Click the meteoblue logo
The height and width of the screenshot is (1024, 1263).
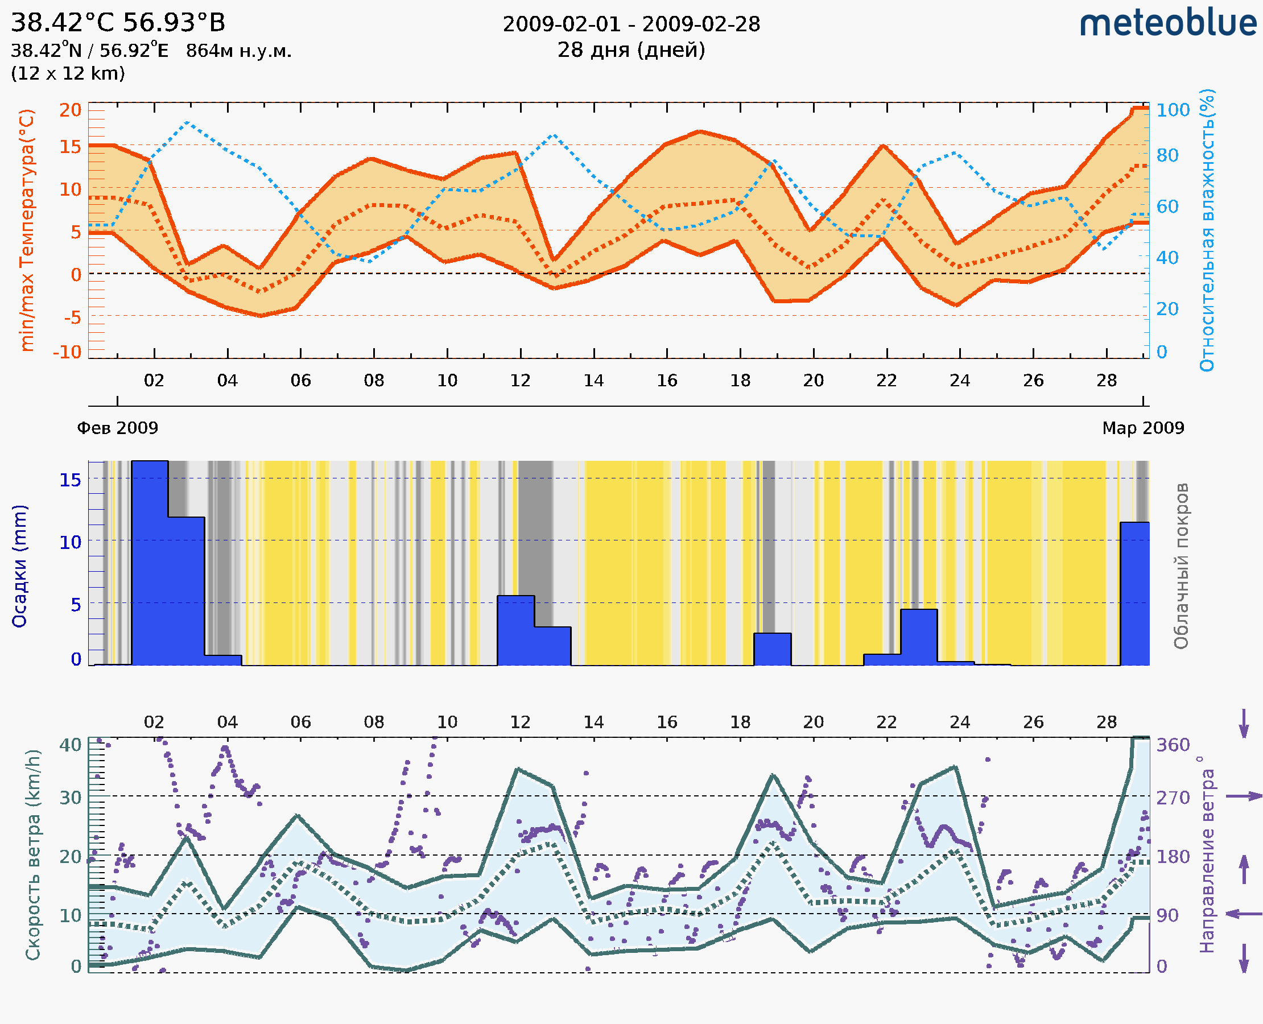tap(1167, 23)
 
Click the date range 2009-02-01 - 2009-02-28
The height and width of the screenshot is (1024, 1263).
tap(630, 24)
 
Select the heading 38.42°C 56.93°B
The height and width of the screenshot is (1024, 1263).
tap(118, 23)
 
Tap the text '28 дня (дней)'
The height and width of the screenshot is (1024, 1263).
tap(630, 50)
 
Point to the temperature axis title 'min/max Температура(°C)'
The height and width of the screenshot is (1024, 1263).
tap(27, 230)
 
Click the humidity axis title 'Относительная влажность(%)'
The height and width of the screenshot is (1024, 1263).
tap(1207, 230)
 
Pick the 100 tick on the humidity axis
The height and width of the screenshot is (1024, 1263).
tap(1173, 110)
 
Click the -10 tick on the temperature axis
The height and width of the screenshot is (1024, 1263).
tap(67, 352)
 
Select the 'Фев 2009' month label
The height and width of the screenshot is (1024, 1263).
tap(117, 428)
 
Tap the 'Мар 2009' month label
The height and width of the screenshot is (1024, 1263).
tap(1142, 428)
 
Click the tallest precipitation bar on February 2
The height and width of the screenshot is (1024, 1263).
tap(150, 563)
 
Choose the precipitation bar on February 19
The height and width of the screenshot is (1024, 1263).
tap(772, 650)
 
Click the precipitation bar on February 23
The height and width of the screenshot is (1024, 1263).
tap(918, 637)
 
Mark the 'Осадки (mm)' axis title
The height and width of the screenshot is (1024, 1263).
tap(19, 566)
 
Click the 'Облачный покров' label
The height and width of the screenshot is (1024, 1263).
tap(1181, 566)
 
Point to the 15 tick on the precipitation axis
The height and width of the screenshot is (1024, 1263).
tap(70, 480)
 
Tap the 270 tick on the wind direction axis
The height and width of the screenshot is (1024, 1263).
tap(1173, 798)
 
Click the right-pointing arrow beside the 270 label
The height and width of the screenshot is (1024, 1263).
tap(1244, 796)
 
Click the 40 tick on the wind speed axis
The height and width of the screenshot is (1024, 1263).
tap(70, 745)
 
